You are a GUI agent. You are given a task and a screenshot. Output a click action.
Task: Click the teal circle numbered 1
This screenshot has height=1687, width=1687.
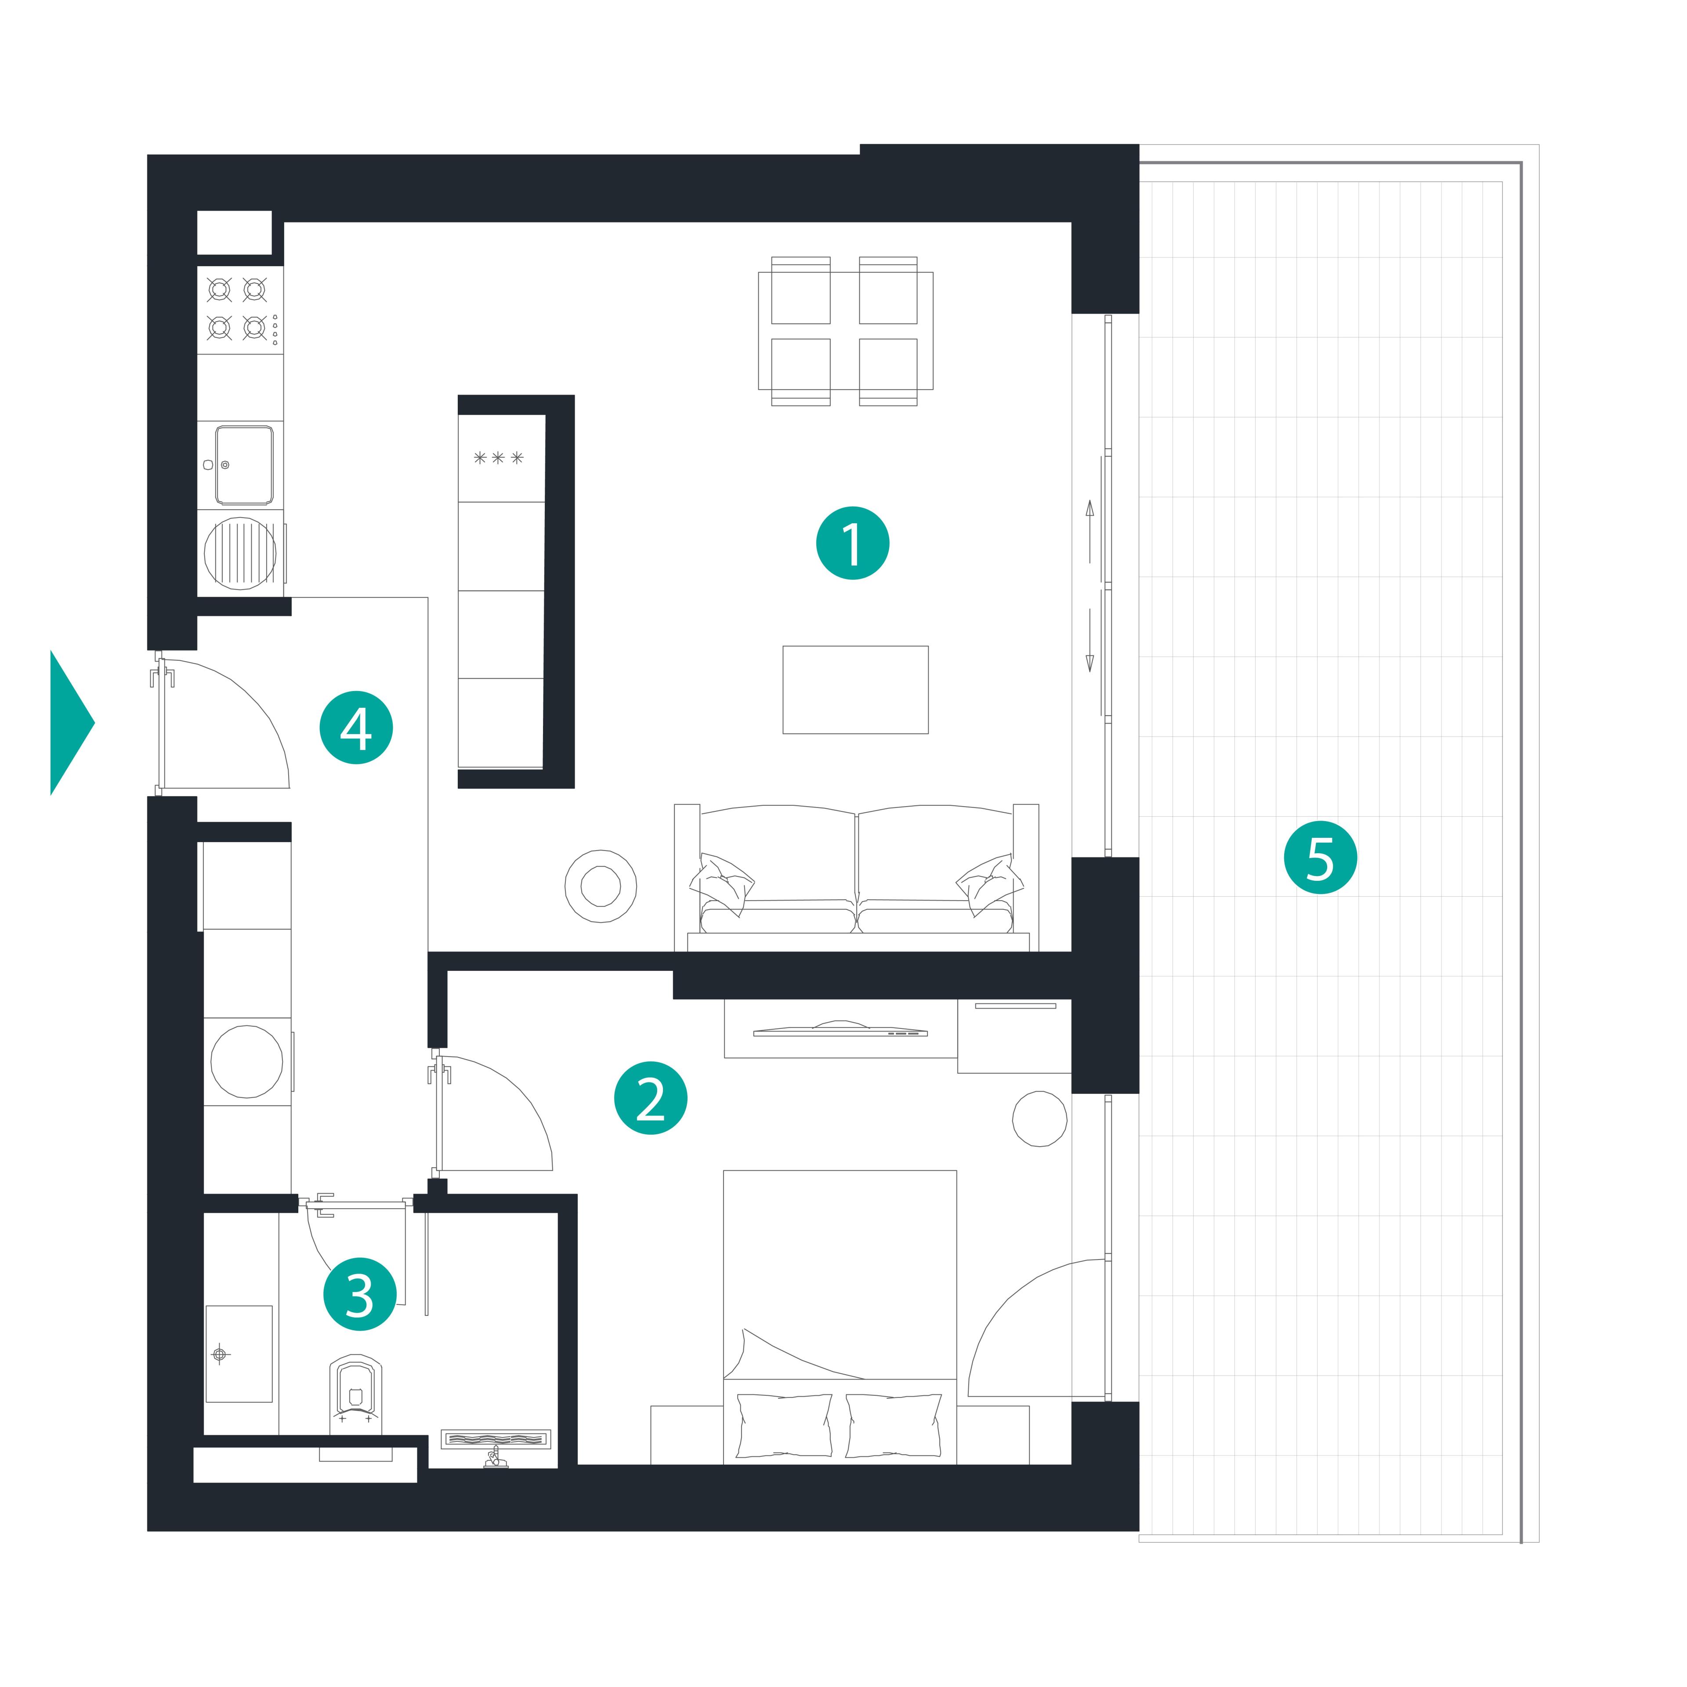852,543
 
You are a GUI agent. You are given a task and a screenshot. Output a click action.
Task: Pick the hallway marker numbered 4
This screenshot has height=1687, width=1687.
356,728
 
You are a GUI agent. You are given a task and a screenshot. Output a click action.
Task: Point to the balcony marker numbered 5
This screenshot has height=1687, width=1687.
1320,858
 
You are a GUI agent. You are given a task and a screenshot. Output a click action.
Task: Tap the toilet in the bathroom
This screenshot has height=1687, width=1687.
355,1395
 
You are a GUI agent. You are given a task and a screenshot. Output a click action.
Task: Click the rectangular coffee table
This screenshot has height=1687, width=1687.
856,690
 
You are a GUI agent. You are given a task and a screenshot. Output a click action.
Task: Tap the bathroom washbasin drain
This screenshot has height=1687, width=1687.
220,1354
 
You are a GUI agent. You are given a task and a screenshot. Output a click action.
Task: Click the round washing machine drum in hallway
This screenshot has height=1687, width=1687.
247,1061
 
